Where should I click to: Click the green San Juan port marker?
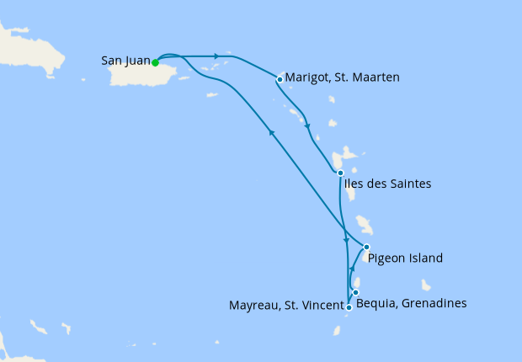[x=156, y=61]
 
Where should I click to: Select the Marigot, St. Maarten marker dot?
[x=280, y=80]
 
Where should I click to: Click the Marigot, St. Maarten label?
[x=342, y=77]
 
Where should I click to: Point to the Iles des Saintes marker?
[x=340, y=173]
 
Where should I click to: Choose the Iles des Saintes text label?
[x=389, y=184]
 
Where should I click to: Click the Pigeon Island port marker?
[x=366, y=248]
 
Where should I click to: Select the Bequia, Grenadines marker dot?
[x=356, y=293]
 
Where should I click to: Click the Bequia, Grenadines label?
[x=412, y=303]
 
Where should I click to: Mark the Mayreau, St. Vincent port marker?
[x=349, y=308]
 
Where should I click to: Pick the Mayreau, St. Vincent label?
[x=286, y=304]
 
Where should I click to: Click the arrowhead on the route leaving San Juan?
[x=217, y=56]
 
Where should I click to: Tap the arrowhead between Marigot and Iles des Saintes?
[x=307, y=128]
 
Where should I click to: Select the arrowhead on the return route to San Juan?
[x=270, y=131]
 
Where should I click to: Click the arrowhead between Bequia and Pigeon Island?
[x=352, y=268]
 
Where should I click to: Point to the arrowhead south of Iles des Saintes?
[x=345, y=242]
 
